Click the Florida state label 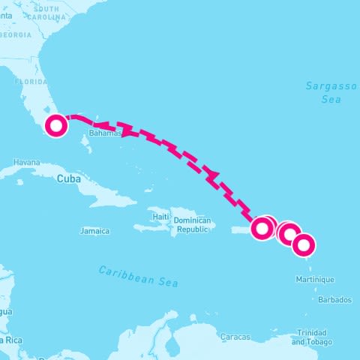pos(31,81)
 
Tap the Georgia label pos(16,34)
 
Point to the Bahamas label pos(104,133)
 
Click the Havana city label pos(26,162)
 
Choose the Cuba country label pos(69,178)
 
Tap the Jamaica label pos(94,231)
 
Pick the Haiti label pos(160,217)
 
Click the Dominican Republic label pos(191,225)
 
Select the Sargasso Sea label pos(323,92)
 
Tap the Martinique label pos(316,279)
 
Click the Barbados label pos(334,299)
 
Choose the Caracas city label pos(235,337)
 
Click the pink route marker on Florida pos(55,126)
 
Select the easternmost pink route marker pos(304,244)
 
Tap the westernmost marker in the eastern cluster pos(261,228)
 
